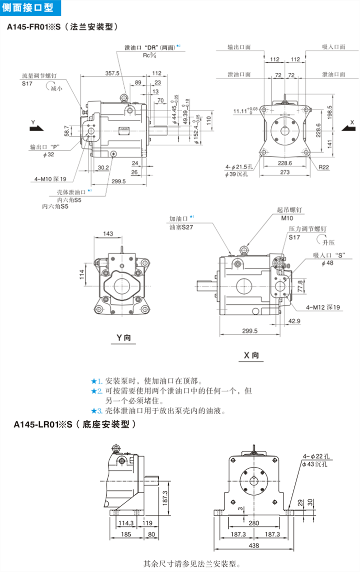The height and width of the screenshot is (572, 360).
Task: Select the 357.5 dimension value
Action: click(x=112, y=73)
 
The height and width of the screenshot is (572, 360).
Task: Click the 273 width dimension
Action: click(x=285, y=172)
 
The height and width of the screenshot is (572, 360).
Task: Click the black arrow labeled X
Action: click(x=348, y=128)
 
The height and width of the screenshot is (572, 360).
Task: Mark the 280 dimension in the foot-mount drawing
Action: click(x=255, y=523)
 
